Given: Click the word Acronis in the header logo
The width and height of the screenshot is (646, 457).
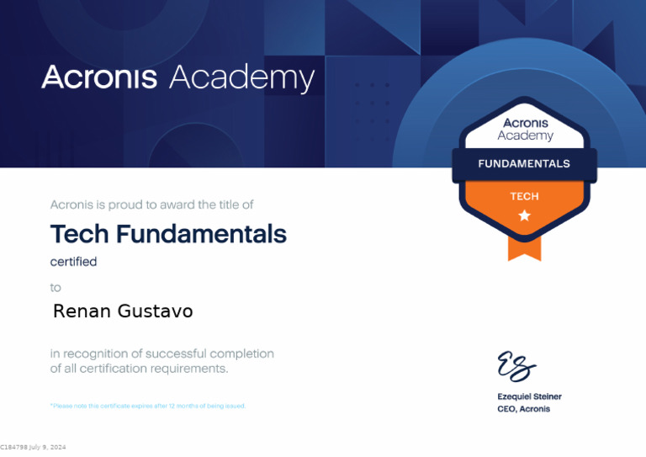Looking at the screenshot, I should click(x=99, y=77).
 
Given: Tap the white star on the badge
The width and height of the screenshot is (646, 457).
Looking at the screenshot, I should click(x=525, y=215).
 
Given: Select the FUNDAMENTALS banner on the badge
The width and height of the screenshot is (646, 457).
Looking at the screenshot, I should click(x=524, y=163).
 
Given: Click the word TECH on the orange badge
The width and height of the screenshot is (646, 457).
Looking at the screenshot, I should click(x=524, y=196).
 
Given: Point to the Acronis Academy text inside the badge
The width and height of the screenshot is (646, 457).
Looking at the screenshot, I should click(x=526, y=130).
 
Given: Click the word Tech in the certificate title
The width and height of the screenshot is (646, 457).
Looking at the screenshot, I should click(x=80, y=233).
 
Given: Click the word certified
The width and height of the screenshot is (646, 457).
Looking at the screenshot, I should click(x=73, y=262).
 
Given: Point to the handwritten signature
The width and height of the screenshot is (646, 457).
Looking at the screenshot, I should click(x=516, y=365).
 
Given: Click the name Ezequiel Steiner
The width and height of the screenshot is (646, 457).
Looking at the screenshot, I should click(x=529, y=396).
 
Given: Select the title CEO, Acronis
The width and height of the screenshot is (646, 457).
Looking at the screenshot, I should click(x=523, y=409).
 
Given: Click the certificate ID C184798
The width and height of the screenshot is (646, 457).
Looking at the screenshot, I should click(x=13, y=447).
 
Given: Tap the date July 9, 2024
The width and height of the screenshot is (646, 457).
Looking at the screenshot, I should click(x=47, y=447).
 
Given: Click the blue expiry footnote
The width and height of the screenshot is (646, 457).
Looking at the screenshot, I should click(x=148, y=406).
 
